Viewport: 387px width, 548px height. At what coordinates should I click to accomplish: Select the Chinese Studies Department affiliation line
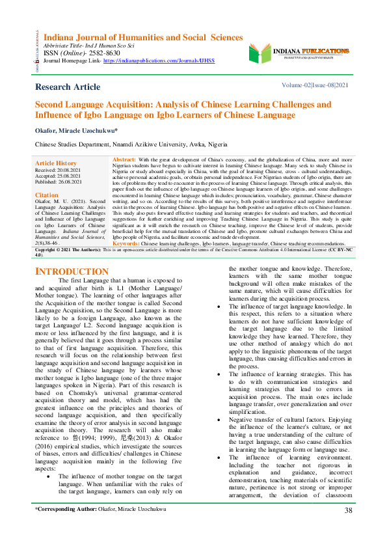[131, 144]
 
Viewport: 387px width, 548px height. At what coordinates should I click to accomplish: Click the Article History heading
[56, 163]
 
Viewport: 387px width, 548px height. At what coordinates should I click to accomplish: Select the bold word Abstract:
[124, 159]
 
